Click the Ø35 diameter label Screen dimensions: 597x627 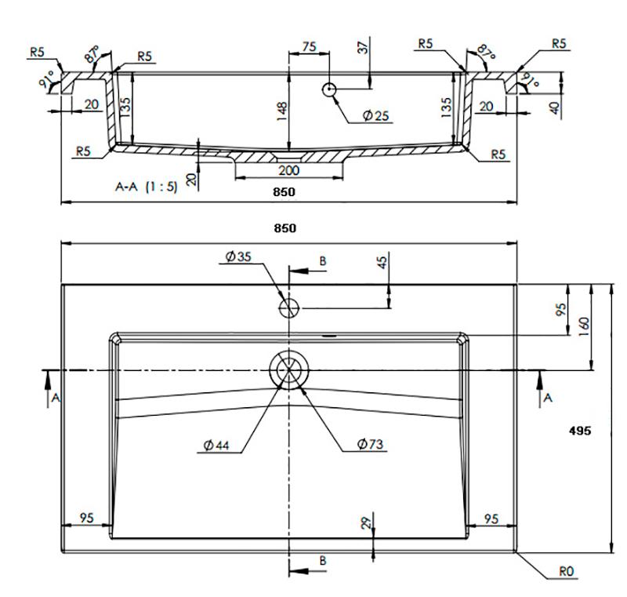[236, 257]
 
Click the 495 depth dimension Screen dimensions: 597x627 [580, 430]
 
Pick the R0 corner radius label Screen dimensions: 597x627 [568, 573]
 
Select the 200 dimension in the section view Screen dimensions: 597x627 [288, 170]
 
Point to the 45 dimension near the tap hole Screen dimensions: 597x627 [383, 264]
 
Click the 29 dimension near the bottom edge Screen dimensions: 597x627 [366, 524]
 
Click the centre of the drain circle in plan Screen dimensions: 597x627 [289, 369]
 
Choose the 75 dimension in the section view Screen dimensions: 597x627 [309, 47]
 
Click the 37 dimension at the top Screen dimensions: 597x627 [363, 46]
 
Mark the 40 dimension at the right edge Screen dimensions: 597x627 [557, 107]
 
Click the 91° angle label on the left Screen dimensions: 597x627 [53, 78]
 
